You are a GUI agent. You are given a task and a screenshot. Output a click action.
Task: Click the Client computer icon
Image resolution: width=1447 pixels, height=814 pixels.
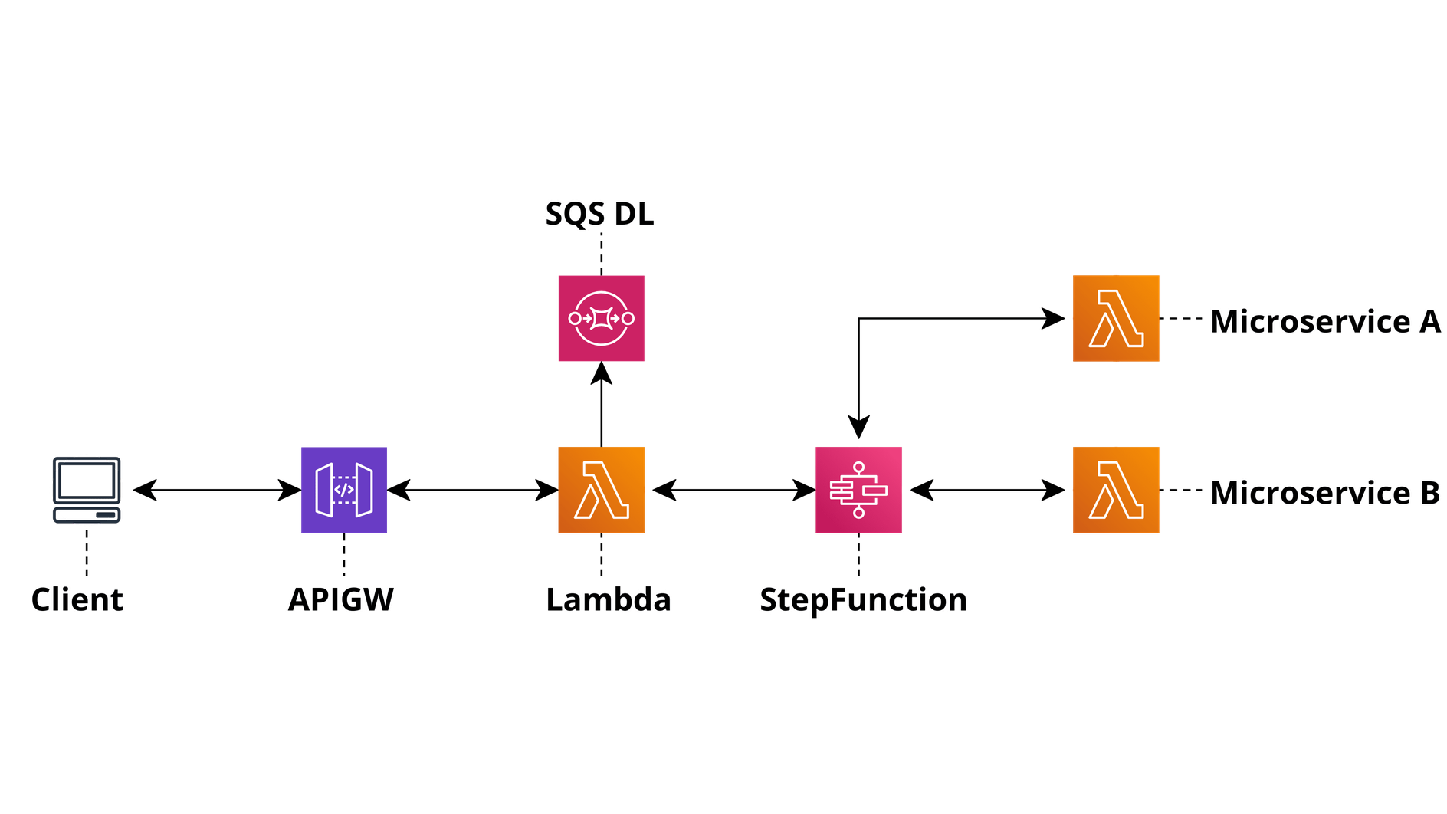click(x=87, y=489)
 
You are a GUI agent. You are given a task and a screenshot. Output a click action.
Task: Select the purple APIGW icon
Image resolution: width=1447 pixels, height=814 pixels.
click(x=343, y=490)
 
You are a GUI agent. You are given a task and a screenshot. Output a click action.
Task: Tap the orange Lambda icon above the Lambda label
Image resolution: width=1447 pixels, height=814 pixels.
click(x=601, y=490)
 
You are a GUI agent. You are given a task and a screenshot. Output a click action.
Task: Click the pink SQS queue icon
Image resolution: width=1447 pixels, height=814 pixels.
click(x=601, y=318)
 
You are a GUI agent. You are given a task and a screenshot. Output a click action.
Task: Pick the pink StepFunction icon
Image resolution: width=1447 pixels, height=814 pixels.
click(x=858, y=490)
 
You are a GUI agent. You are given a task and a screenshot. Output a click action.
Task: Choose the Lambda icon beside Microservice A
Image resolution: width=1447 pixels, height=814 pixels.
click(x=1116, y=318)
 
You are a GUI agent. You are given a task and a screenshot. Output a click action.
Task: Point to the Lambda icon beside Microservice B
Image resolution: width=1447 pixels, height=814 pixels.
click(x=1116, y=490)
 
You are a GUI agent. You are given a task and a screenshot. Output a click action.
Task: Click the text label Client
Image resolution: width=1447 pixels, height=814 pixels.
click(x=77, y=599)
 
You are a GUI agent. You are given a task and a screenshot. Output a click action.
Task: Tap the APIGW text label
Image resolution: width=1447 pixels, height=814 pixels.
click(x=341, y=599)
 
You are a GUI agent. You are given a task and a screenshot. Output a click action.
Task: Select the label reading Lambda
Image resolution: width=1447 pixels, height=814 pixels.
click(x=609, y=599)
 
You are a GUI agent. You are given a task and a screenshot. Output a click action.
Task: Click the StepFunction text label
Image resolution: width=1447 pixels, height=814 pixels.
click(x=863, y=599)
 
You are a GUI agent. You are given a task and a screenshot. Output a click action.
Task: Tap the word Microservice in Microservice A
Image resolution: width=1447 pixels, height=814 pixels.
click(x=1310, y=321)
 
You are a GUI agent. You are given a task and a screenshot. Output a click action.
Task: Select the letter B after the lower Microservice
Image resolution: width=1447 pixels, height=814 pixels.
click(x=1429, y=493)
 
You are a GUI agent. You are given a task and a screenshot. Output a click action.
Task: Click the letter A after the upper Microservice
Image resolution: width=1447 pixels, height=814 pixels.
click(x=1430, y=321)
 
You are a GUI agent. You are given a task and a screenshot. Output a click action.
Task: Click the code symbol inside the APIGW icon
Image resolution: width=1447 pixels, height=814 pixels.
click(x=344, y=490)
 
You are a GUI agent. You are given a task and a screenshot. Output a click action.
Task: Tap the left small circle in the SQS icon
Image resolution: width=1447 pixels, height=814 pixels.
click(x=575, y=318)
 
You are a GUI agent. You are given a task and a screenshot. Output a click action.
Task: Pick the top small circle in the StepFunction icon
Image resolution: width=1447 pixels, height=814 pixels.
click(x=858, y=466)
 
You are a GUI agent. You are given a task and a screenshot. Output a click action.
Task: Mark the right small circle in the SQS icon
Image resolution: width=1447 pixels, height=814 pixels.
click(x=628, y=318)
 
